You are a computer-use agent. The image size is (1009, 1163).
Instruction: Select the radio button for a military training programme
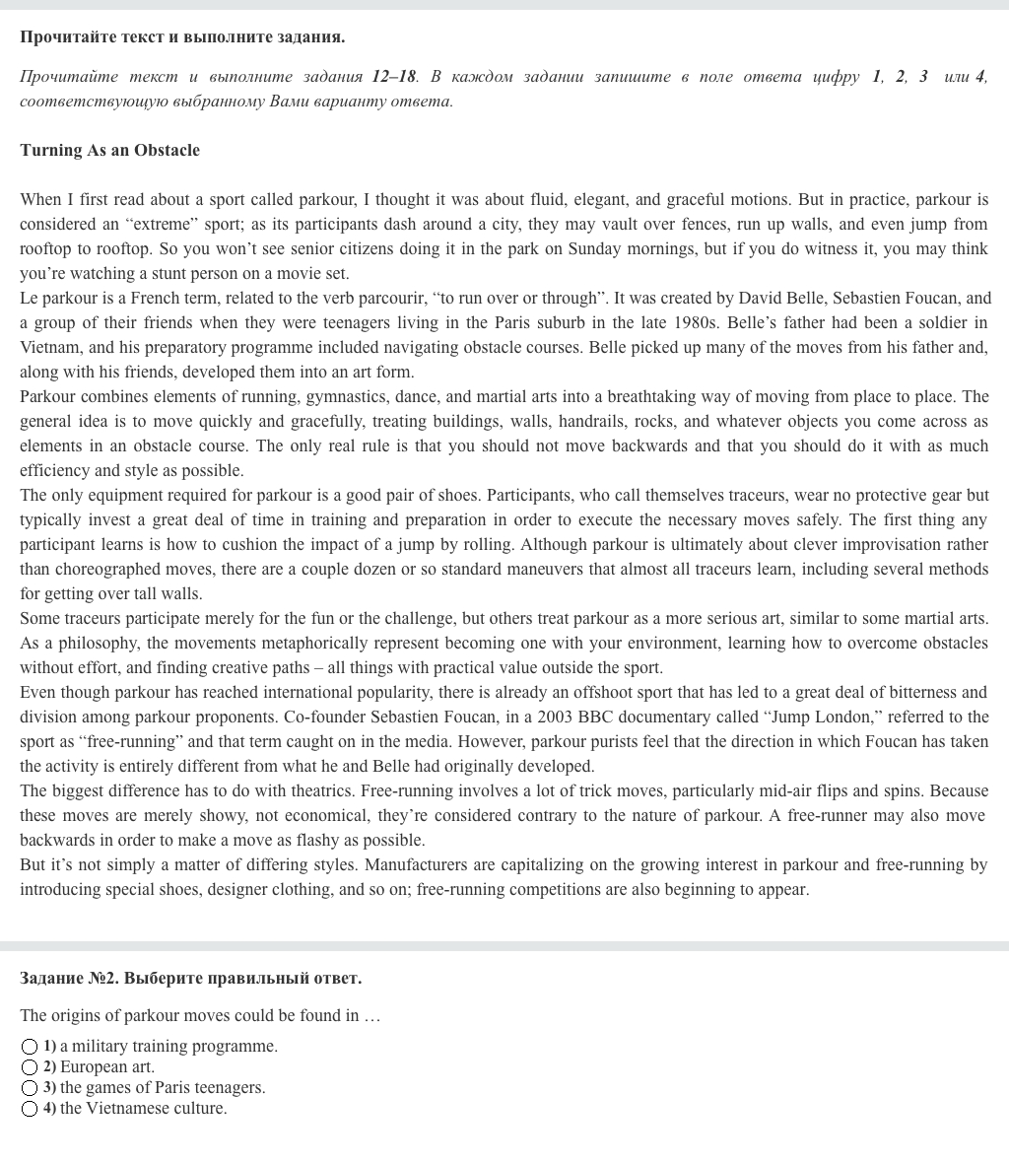coord(30,1047)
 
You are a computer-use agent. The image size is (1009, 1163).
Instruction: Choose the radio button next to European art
coord(30,1067)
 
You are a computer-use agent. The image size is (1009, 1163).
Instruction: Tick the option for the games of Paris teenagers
coord(30,1088)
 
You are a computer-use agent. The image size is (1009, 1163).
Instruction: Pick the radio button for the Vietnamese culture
coord(30,1109)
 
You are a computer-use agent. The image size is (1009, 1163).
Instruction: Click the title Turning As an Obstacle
coord(109,150)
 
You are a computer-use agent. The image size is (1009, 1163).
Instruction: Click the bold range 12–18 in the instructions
coord(394,77)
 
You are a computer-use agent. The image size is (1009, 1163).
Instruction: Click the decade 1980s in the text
coord(706,322)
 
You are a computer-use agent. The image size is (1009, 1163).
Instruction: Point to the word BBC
coord(602,717)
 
